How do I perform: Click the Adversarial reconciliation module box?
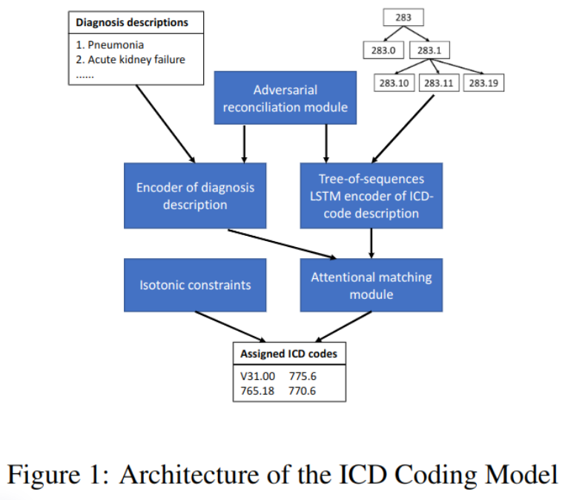tap(285, 99)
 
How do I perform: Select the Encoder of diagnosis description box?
tap(195, 195)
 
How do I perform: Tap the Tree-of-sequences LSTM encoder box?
tap(371, 196)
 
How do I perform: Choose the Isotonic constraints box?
tap(195, 284)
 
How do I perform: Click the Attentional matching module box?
tap(371, 284)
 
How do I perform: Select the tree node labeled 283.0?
tap(382, 50)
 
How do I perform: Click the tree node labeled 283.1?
tap(429, 50)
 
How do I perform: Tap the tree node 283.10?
tap(394, 83)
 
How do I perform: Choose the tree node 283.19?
tap(483, 83)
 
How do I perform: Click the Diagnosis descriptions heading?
tap(132, 22)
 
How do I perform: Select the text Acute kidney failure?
tap(136, 59)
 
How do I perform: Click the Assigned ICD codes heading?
tap(288, 354)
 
